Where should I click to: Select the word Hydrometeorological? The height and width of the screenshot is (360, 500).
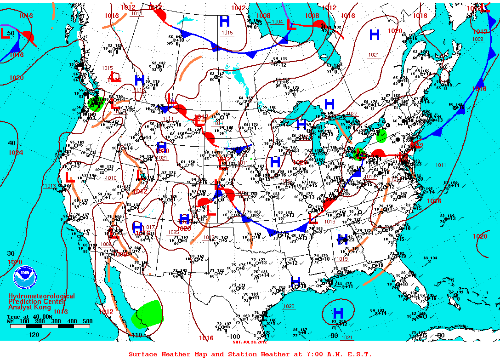coord(41,297)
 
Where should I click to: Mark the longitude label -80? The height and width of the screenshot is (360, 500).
coord(440,335)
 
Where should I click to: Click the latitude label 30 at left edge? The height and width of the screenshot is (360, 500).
coord(11,253)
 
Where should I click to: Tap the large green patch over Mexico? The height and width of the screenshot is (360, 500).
coord(148,314)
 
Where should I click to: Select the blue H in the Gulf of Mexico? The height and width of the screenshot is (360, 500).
coord(338,313)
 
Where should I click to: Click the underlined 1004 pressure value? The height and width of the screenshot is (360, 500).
coord(277,22)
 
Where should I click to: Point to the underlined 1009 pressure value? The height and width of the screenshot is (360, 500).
coord(477,39)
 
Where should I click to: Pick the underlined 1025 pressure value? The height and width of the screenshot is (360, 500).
coord(173,232)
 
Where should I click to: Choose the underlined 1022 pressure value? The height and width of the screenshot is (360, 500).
coord(352,113)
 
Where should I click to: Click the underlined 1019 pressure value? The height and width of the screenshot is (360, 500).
coord(342,259)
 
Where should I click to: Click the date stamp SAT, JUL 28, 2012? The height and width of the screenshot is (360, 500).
coord(250,342)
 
